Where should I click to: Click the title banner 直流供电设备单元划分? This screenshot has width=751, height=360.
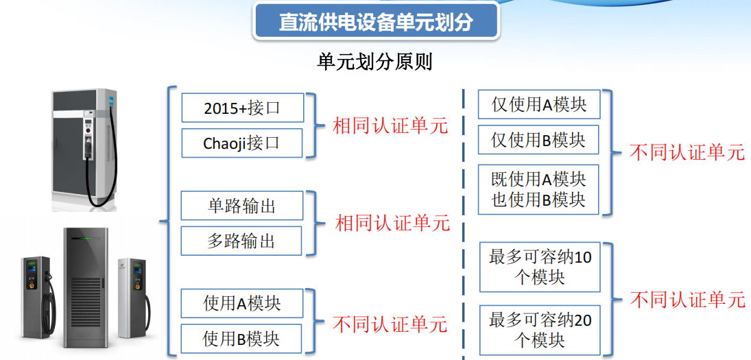376,21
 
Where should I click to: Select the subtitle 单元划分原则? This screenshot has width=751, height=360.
375,62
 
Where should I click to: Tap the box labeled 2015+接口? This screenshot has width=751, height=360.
242,108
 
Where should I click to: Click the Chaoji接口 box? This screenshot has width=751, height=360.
242,143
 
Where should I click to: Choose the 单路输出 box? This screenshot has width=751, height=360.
242,206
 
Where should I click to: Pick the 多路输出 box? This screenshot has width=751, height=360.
241,241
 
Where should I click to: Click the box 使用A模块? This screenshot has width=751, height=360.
242,303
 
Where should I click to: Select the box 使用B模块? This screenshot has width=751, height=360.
241,339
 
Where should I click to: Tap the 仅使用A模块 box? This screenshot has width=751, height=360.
539,104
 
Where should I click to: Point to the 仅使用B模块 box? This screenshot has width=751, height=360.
539,140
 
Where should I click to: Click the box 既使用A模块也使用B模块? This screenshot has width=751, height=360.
539,189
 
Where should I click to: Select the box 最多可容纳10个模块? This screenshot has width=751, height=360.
540,267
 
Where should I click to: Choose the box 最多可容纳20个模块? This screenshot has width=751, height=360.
540,331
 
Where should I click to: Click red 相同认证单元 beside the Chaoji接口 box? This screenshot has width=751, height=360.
390,126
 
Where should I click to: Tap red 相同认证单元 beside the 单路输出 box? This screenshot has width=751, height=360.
393,223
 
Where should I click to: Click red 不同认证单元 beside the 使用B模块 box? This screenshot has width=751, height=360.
390,324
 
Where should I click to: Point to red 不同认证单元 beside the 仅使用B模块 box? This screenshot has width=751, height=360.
687,153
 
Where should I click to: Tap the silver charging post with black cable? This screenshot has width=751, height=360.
132,298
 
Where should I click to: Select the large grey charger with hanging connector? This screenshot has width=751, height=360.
85,148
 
